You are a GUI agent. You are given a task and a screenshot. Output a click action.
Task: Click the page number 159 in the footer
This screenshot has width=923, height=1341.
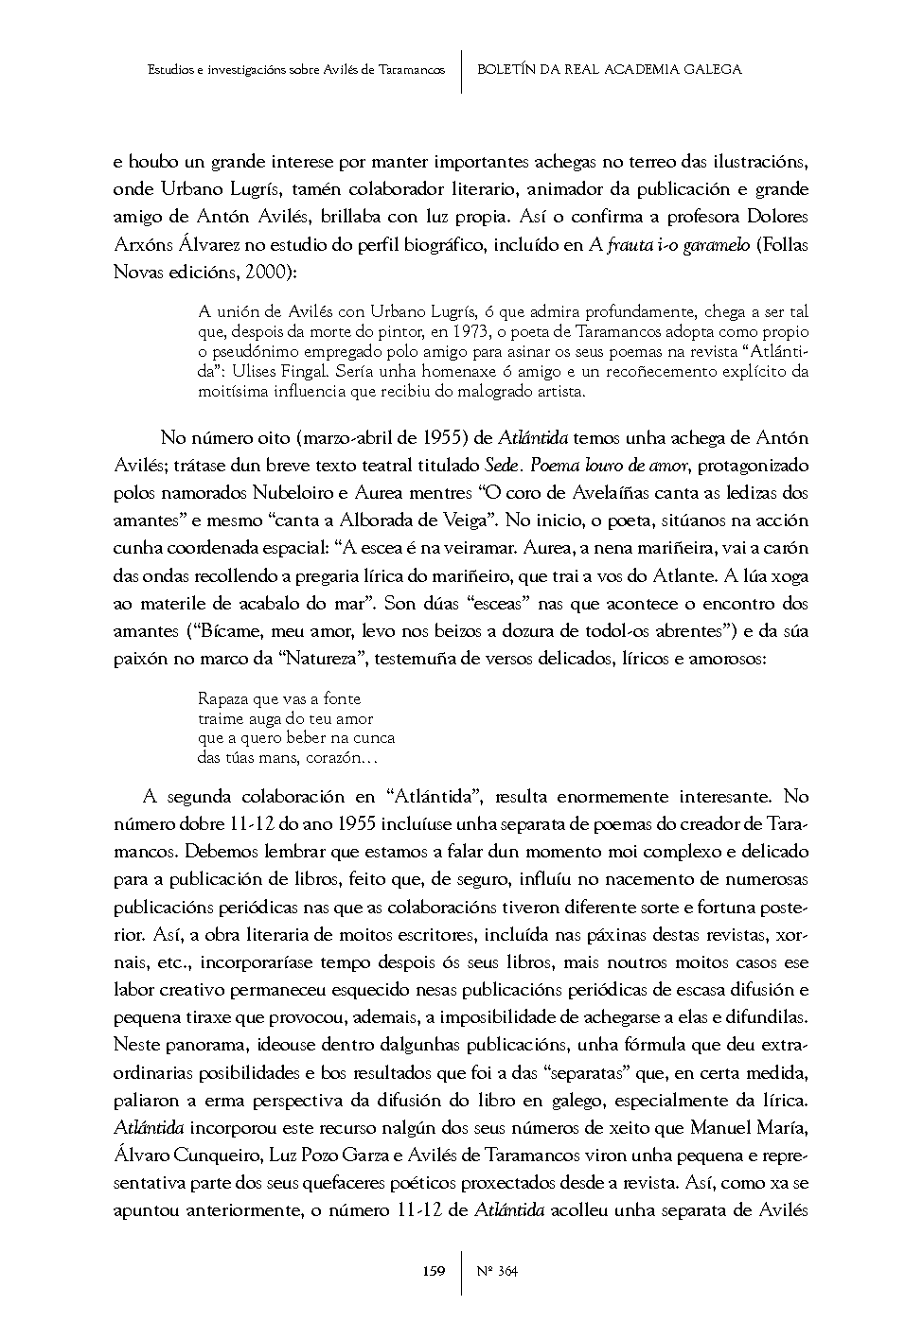[x=434, y=1271]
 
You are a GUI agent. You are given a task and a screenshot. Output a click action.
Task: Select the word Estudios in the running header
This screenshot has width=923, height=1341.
[x=173, y=70]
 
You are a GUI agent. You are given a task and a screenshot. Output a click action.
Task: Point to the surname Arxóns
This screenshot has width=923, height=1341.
[x=142, y=245]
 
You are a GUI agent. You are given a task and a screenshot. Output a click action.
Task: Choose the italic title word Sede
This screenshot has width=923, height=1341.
[x=501, y=466]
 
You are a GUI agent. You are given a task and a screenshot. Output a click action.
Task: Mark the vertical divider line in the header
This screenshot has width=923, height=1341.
[x=461, y=71]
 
